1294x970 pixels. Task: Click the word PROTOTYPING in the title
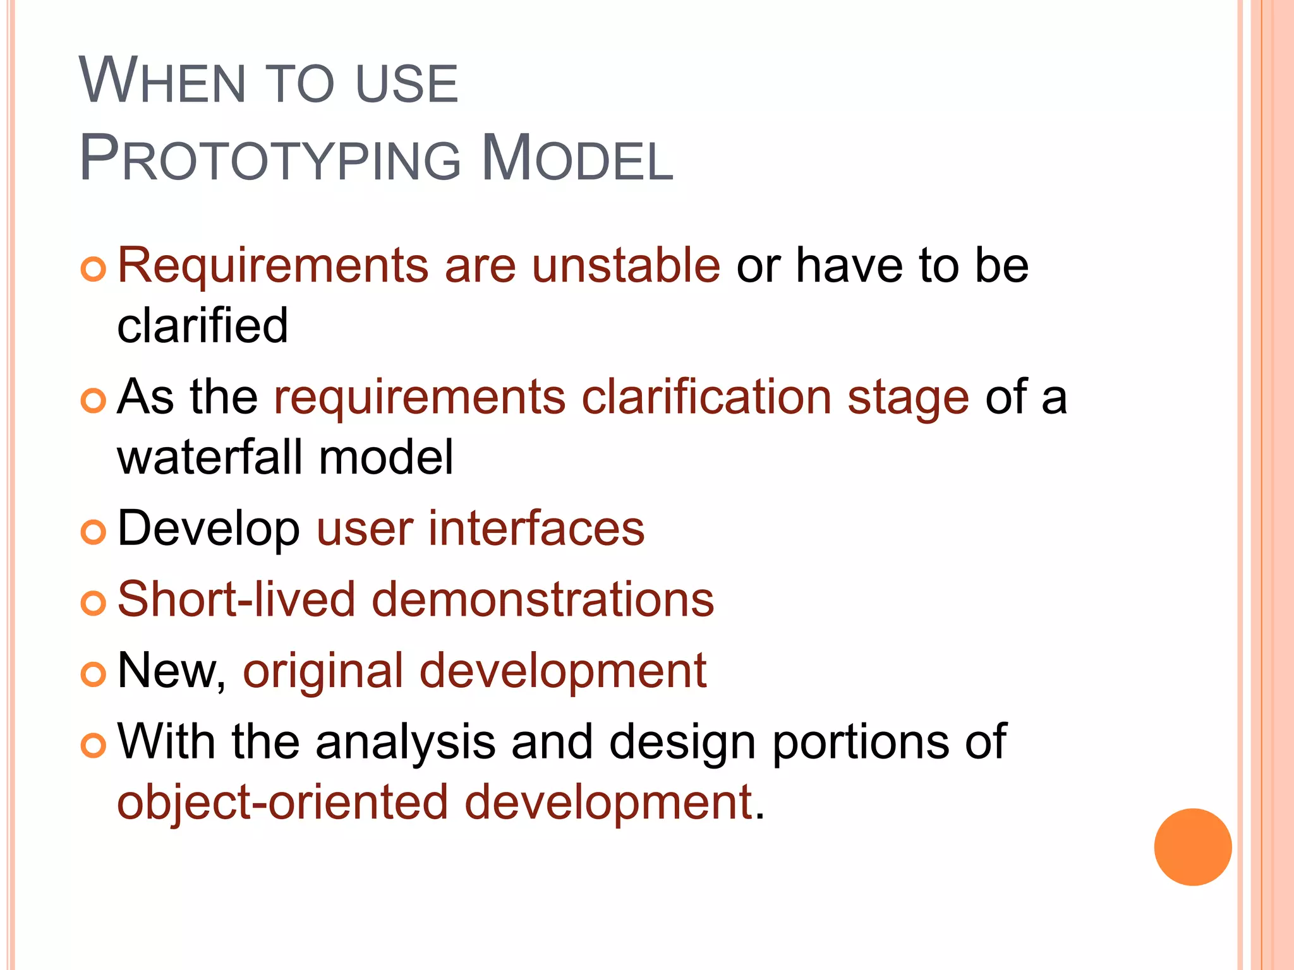270,159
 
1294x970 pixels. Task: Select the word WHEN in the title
162,82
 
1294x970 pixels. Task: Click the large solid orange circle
1192,847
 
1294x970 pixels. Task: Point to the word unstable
626,265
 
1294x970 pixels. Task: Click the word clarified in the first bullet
202,326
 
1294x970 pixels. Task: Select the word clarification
706,397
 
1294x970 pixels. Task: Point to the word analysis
405,741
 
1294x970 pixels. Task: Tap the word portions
860,741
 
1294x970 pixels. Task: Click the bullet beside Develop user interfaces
93,532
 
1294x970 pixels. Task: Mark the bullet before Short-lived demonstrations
93,603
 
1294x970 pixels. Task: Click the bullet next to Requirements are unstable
93,270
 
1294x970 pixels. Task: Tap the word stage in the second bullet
908,397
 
